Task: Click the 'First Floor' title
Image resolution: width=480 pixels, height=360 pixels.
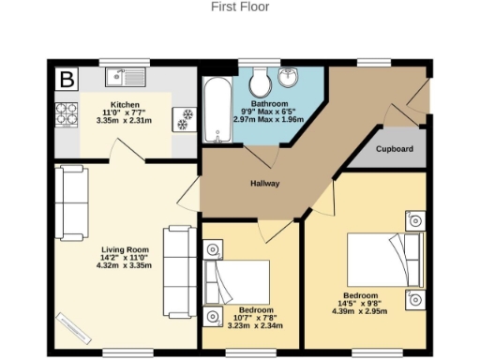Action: (241, 7)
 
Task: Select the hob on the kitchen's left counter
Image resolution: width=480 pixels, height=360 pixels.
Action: (66, 114)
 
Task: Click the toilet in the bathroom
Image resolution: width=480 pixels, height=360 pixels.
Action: (259, 79)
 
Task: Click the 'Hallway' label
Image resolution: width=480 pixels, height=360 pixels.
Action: (263, 184)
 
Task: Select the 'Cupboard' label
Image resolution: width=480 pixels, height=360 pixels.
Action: (394, 149)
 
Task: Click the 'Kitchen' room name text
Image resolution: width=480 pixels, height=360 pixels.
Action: (125, 104)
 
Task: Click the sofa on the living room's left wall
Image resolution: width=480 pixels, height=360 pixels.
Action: (71, 202)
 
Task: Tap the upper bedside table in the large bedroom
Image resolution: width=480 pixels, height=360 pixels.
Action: (414, 220)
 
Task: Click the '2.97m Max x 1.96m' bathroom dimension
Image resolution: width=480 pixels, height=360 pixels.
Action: (269, 120)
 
